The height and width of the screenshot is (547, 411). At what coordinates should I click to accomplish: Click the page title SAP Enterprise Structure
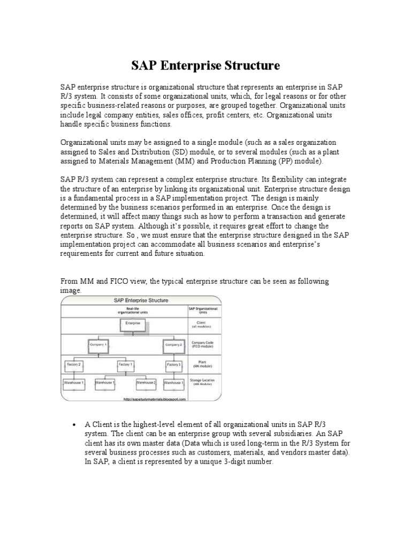click(205, 66)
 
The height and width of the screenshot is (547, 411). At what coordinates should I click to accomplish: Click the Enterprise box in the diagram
click(133, 324)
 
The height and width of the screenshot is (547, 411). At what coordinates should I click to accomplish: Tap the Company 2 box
click(173, 345)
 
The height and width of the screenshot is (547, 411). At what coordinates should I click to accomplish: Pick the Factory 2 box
click(74, 364)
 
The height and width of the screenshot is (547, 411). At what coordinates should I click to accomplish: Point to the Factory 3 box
click(173, 364)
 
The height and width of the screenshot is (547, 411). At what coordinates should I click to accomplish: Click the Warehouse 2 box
click(146, 383)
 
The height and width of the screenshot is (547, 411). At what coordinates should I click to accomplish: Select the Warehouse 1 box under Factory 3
click(173, 383)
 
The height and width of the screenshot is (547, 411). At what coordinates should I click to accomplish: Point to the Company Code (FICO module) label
click(203, 345)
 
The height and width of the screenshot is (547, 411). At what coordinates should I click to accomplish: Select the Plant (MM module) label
click(203, 364)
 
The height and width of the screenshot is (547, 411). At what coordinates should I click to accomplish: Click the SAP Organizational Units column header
click(203, 310)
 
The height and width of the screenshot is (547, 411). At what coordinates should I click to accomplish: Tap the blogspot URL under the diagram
click(154, 399)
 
